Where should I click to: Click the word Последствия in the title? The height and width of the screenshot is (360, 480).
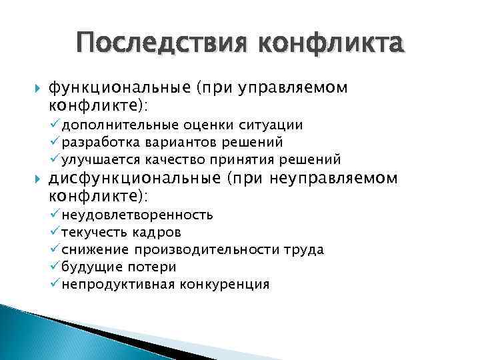click(x=162, y=45)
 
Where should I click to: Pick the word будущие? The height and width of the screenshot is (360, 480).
click(x=86, y=267)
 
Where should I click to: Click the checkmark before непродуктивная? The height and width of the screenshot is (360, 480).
click(x=55, y=283)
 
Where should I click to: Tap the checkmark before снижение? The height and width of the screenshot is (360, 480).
click(x=55, y=249)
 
